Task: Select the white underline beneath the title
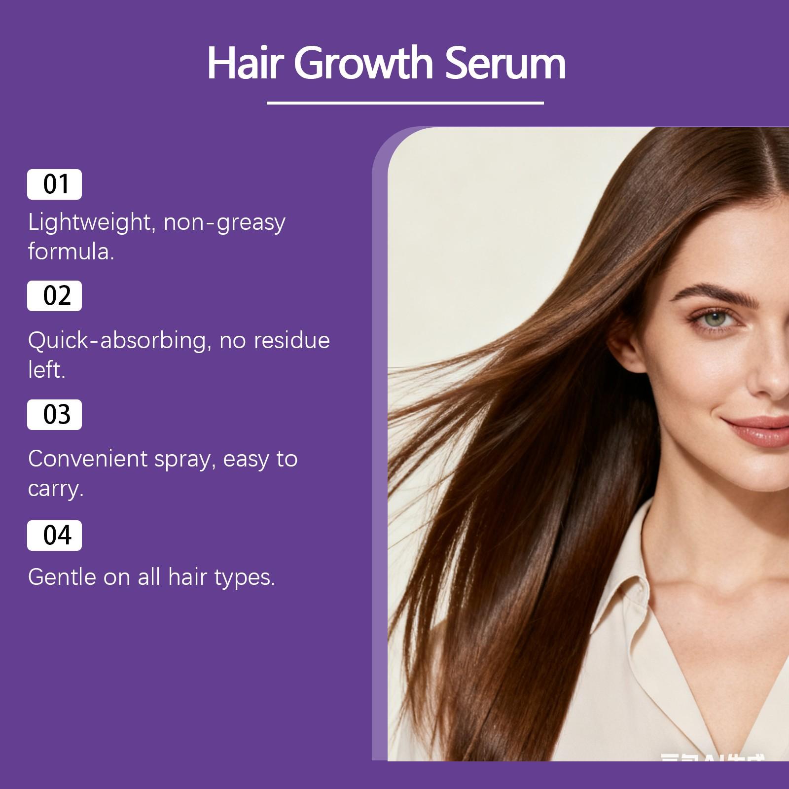coord(405,103)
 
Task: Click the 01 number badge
coord(54,184)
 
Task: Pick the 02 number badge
coord(54,296)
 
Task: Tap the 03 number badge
coord(54,415)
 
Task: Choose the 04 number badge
coord(54,536)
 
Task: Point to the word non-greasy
coord(224,223)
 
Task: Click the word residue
coord(291,341)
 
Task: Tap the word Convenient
coord(87,459)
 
